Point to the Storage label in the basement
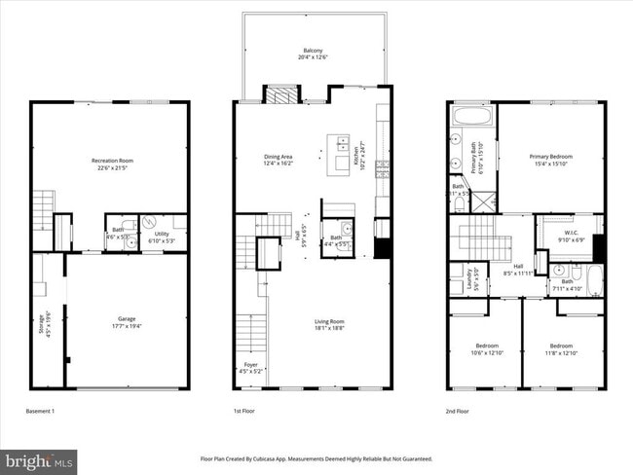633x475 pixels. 42,322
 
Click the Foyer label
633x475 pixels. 250,368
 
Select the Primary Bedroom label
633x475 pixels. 551,161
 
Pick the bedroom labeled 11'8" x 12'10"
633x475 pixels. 560,347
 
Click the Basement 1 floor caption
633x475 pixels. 40,412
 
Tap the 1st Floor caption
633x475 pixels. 244,412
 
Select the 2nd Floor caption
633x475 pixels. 457,412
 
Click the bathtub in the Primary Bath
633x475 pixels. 473,118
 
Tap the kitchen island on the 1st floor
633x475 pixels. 344,155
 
